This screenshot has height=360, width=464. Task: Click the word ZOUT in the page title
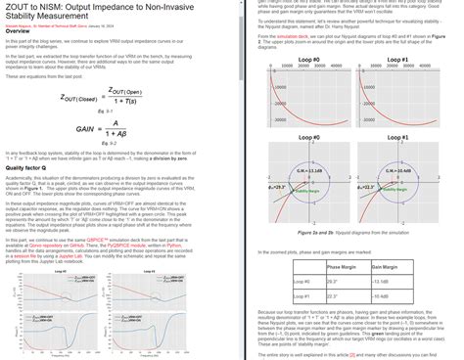pos(18,7)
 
